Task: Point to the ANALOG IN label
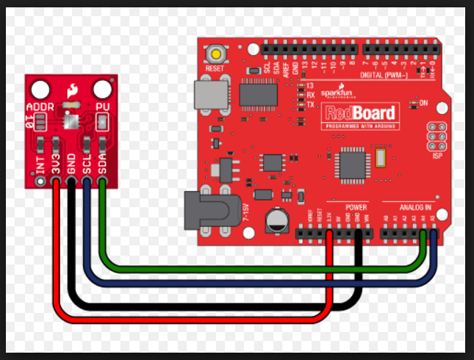(x=413, y=208)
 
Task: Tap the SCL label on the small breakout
(x=87, y=168)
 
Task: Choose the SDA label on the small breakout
(x=103, y=168)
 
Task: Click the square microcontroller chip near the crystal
(x=347, y=161)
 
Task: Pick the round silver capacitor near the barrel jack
(x=277, y=218)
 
